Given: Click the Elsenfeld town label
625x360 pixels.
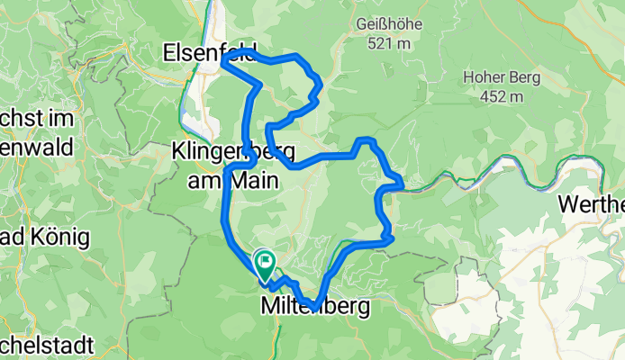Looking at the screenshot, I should [209, 53].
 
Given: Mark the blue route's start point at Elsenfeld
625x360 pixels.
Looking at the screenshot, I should [223, 62].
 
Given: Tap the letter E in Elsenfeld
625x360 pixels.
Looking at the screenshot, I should [169, 53].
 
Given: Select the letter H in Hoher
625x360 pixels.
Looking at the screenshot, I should [468, 77].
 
